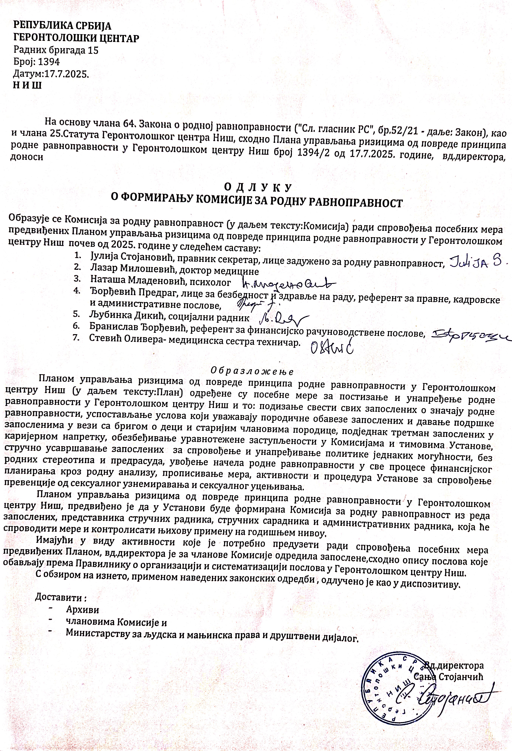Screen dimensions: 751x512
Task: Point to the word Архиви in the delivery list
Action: (82, 610)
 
